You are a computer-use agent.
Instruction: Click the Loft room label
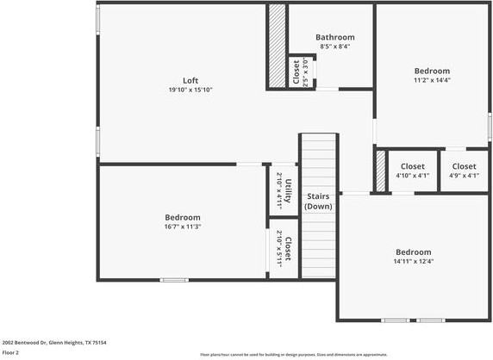coord(190,80)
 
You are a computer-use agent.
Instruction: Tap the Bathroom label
coord(334,37)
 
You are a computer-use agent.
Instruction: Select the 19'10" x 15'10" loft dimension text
coord(190,90)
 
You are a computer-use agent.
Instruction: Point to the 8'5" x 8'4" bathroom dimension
coord(334,47)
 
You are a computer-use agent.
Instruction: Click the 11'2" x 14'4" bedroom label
coord(432,80)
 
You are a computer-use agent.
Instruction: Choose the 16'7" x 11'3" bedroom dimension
coord(183,227)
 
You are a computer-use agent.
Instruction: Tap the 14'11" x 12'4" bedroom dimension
coord(415,261)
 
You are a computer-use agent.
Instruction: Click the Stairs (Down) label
coord(319,202)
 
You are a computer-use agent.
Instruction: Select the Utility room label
coord(289,189)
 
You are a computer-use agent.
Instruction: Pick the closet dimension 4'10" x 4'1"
coord(412,176)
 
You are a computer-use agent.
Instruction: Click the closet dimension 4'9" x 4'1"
coord(464,176)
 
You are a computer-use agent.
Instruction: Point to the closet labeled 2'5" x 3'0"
coord(296,71)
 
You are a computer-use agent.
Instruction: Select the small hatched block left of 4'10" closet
coord(380,172)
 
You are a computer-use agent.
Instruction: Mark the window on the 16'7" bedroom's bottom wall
coord(174,280)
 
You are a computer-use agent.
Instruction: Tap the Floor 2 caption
coord(11,352)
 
